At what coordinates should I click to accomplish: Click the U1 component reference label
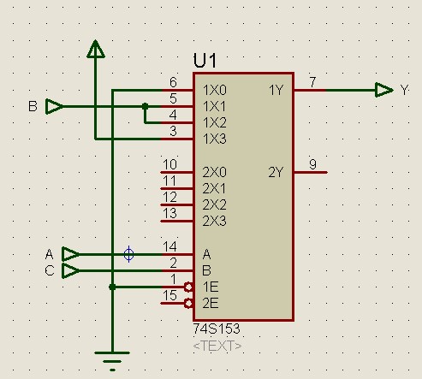[205, 60]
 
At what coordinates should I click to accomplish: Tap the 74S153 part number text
[217, 329]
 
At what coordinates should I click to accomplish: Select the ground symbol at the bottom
[112, 361]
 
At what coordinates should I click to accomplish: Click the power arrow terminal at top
[96, 49]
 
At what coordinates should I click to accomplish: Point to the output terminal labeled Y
[384, 90]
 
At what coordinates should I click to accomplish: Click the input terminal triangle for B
[55, 106]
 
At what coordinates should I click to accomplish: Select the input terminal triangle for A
[71, 254]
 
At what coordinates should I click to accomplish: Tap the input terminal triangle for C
[71, 270]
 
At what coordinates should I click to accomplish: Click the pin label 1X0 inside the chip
[215, 91]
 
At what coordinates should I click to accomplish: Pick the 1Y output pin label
[276, 91]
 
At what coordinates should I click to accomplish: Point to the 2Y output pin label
[276, 173]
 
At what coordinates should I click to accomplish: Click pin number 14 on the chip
[169, 246]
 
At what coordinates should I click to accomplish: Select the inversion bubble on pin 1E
[188, 287]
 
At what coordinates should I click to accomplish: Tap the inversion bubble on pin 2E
[188, 304]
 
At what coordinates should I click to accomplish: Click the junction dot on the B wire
[146, 106]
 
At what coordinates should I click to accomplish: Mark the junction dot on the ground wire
[112, 287]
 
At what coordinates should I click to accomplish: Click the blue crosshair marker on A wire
[129, 254]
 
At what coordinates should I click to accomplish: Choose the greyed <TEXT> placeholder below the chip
[217, 346]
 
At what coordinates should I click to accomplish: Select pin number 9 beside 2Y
[312, 164]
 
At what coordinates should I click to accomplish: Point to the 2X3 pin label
[215, 222]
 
